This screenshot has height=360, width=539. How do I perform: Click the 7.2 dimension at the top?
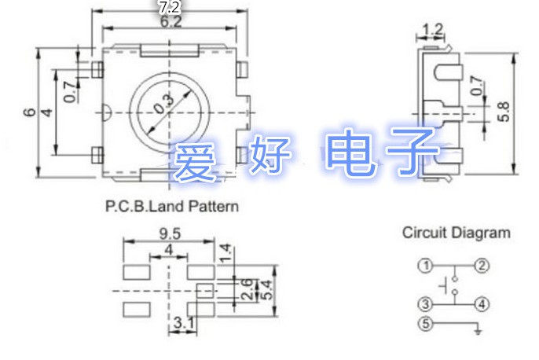[x=170, y=7]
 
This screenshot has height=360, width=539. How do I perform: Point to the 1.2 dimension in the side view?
[x=432, y=31]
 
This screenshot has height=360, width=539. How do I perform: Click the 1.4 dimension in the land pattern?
[x=225, y=253]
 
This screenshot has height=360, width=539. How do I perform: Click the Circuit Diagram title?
[x=456, y=233]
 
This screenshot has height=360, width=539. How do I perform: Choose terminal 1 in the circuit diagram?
[x=425, y=265]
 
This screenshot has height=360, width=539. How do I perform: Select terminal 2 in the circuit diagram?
[x=482, y=265]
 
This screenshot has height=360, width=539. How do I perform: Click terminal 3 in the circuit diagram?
[x=425, y=304]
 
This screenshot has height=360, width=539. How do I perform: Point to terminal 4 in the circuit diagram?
[x=482, y=304]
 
